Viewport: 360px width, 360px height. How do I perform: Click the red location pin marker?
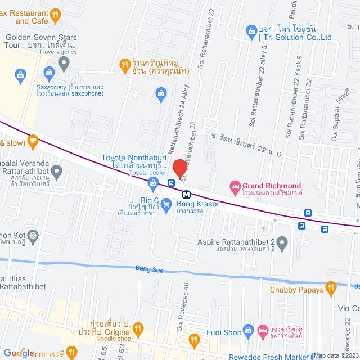[179, 168]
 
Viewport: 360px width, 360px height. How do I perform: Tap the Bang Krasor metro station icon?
[186, 193]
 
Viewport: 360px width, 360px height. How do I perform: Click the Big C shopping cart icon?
[166, 206]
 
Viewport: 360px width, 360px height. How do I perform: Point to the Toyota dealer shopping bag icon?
[153, 182]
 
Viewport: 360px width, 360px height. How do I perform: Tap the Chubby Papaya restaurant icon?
[331, 289]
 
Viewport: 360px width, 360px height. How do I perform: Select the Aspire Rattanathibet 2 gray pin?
[282, 244]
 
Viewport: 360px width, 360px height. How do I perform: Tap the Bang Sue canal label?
[150, 270]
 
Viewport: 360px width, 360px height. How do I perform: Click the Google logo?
[19, 353]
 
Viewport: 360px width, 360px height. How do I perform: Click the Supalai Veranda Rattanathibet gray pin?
[56, 170]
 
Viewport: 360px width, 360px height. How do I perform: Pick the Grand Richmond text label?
[272, 186]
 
